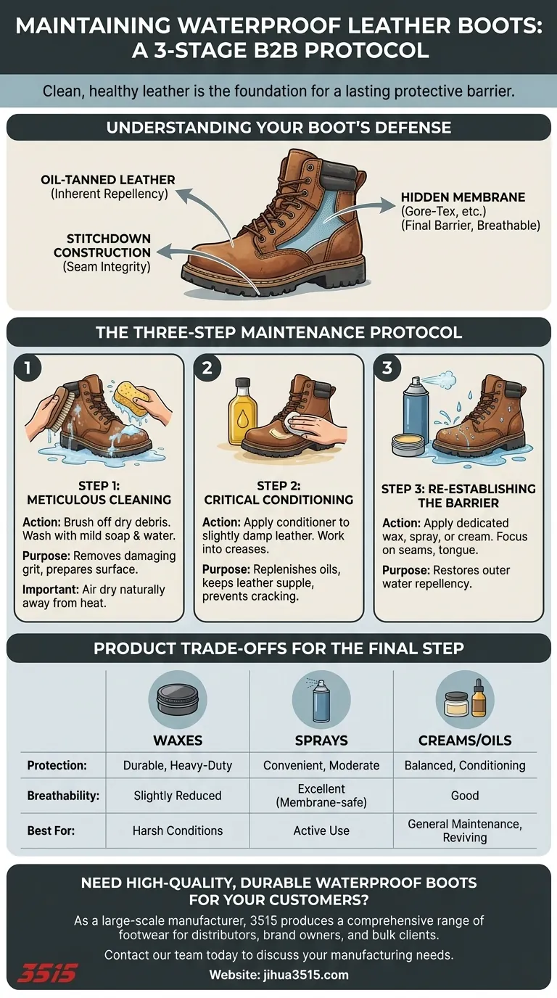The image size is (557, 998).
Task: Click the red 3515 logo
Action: [x=47, y=973]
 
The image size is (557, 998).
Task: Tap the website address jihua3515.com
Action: [x=278, y=975]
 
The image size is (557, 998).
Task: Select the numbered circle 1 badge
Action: [x=28, y=368]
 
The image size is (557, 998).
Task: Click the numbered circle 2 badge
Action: [x=207, y=368]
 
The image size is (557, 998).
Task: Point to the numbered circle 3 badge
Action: [x=387, y=368]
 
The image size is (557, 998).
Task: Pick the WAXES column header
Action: [x=177, y=741]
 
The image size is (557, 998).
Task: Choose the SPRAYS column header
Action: [x=321, y=741]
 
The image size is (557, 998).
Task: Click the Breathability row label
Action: [x=63, y=796]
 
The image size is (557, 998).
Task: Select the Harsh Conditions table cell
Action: [x=177, y=830]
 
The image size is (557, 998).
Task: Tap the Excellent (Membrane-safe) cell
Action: [x=321, y=796]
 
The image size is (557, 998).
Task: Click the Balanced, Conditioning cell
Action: [x=464, y=765]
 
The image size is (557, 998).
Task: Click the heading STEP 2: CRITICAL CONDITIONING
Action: [x=278, y=492]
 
